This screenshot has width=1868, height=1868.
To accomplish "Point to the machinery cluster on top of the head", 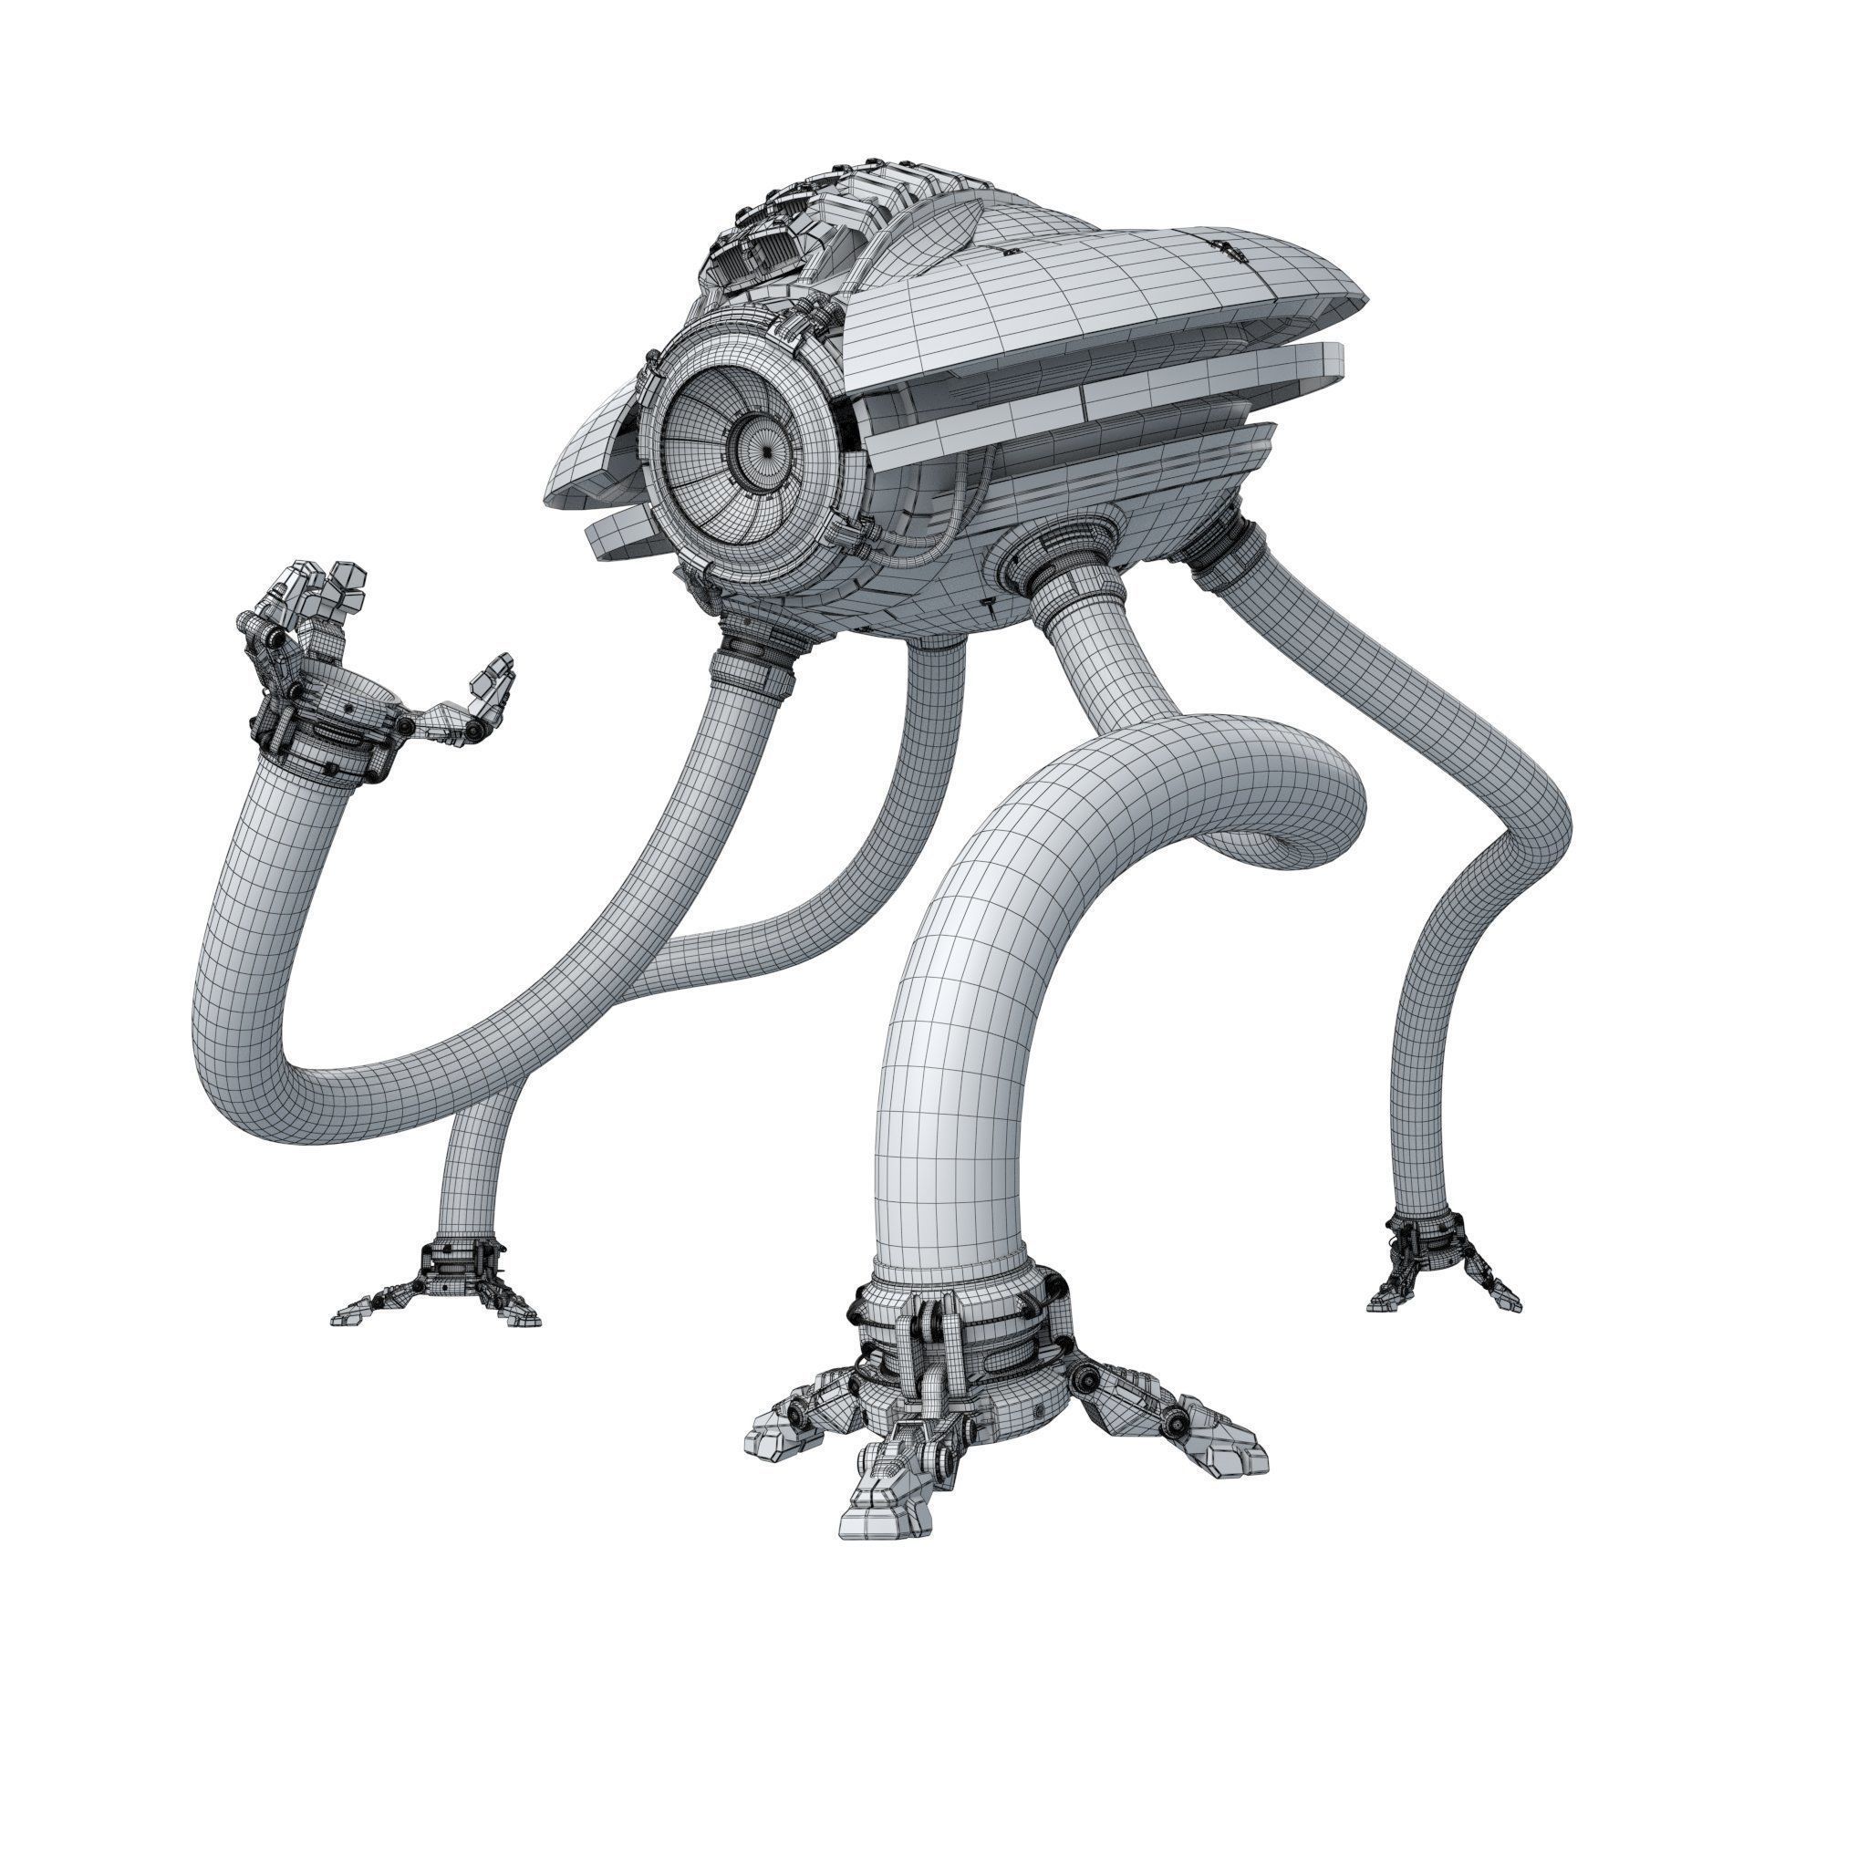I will tap(803, 232).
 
